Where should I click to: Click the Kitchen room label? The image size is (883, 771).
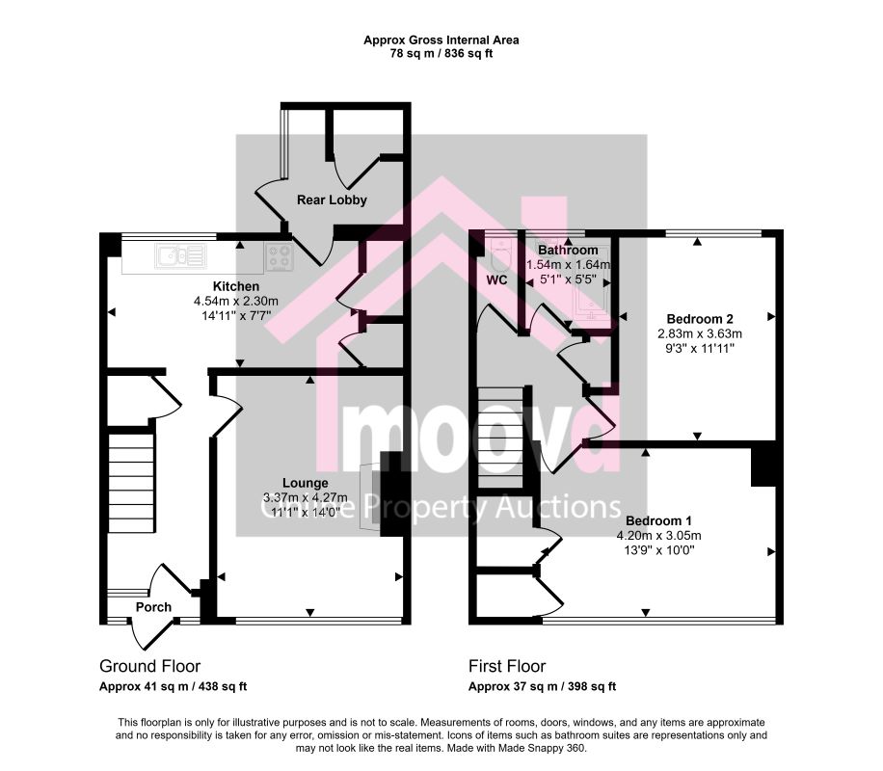pyautogui.click(x=236, y=286)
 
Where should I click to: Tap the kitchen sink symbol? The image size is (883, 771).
pyautogui.click(x=181, y=255)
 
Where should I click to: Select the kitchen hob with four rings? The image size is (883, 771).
pyautogui.click(x=280, y=256)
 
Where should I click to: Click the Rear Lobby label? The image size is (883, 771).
pyautogui.click(x=332, y=199)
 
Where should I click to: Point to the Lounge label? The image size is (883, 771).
pyautogui.click(x=306, y=483)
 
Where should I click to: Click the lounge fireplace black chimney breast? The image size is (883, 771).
pyautogui.click(x=392, y=493)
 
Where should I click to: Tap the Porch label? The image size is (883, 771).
pyautogui.click(x=153, y=607)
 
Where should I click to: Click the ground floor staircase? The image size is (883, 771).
pyautogui.click(x=131, y=483)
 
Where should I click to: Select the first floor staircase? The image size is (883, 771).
pyautogui.click(x=500, y=438)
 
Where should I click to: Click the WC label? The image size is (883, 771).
pyautogui.click(x=496, y=279)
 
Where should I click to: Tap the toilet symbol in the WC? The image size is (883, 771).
pyautogui.click(x=499, y=255)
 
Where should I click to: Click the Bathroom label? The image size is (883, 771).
pyautogui.click(x=568, y=250)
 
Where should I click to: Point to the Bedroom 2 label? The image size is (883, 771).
pyautogui.click(x=700, y=319)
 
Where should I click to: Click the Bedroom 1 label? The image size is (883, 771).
pyautogui.click(x=658, y=520)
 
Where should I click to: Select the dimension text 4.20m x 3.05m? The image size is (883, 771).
pyautogui.click(x=658, y=536)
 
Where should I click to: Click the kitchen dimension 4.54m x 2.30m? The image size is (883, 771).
pyautogui.click(x=236, y=302)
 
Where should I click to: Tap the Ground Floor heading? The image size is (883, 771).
pyautogui.click(x=149, y=666)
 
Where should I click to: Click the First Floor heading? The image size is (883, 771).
pyautogui.click(x=507, y=666)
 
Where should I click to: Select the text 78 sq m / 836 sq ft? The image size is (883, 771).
pyautogui.click(x=441, y=54)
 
